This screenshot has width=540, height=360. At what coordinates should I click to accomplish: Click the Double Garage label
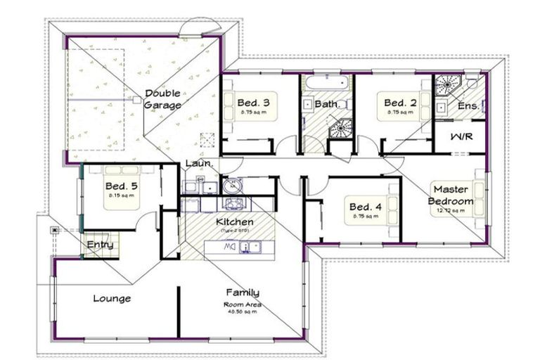[162, 99]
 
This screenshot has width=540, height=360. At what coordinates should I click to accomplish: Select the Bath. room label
[327, 104]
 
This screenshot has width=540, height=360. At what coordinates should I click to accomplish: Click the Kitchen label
[235, 222]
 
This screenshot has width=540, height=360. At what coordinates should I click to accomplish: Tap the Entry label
[101, 245]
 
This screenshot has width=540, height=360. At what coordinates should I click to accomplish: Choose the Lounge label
[112, 299]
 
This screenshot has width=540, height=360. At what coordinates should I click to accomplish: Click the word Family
[243, 292]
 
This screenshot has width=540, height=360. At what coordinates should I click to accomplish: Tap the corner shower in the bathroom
[342, 128]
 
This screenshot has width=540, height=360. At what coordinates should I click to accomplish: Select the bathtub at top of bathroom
[326, 84]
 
